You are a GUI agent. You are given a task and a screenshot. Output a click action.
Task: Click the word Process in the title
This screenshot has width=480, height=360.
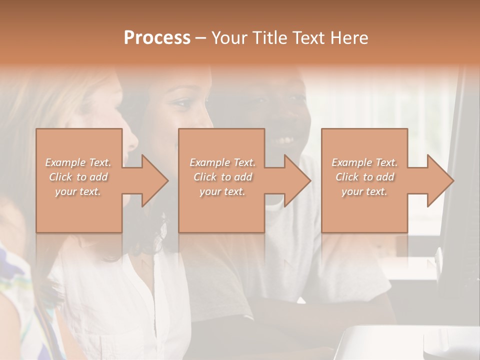[157, 37]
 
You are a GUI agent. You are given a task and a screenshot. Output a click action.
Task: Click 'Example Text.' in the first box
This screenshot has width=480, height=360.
[78, 162]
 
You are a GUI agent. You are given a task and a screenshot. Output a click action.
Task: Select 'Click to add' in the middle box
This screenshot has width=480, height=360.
[222, 177]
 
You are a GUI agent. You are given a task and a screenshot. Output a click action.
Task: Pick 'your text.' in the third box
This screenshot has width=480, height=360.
[364, 191]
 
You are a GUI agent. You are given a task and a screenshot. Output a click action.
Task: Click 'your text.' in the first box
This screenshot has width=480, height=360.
[78, 191]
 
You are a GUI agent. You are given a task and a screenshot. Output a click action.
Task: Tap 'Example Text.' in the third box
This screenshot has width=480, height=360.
[364, 162]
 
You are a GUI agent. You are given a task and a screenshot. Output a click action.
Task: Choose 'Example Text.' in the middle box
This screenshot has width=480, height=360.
[222, 162]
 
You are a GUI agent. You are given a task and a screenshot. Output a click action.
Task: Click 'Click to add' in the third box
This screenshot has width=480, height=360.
[364, 177]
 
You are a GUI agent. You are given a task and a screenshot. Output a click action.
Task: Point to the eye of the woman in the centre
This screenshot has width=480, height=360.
[181, 103]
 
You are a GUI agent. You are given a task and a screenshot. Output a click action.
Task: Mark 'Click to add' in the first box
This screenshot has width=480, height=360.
[78, 177]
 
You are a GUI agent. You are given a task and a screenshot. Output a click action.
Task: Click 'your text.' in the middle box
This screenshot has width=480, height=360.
[222, 191]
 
